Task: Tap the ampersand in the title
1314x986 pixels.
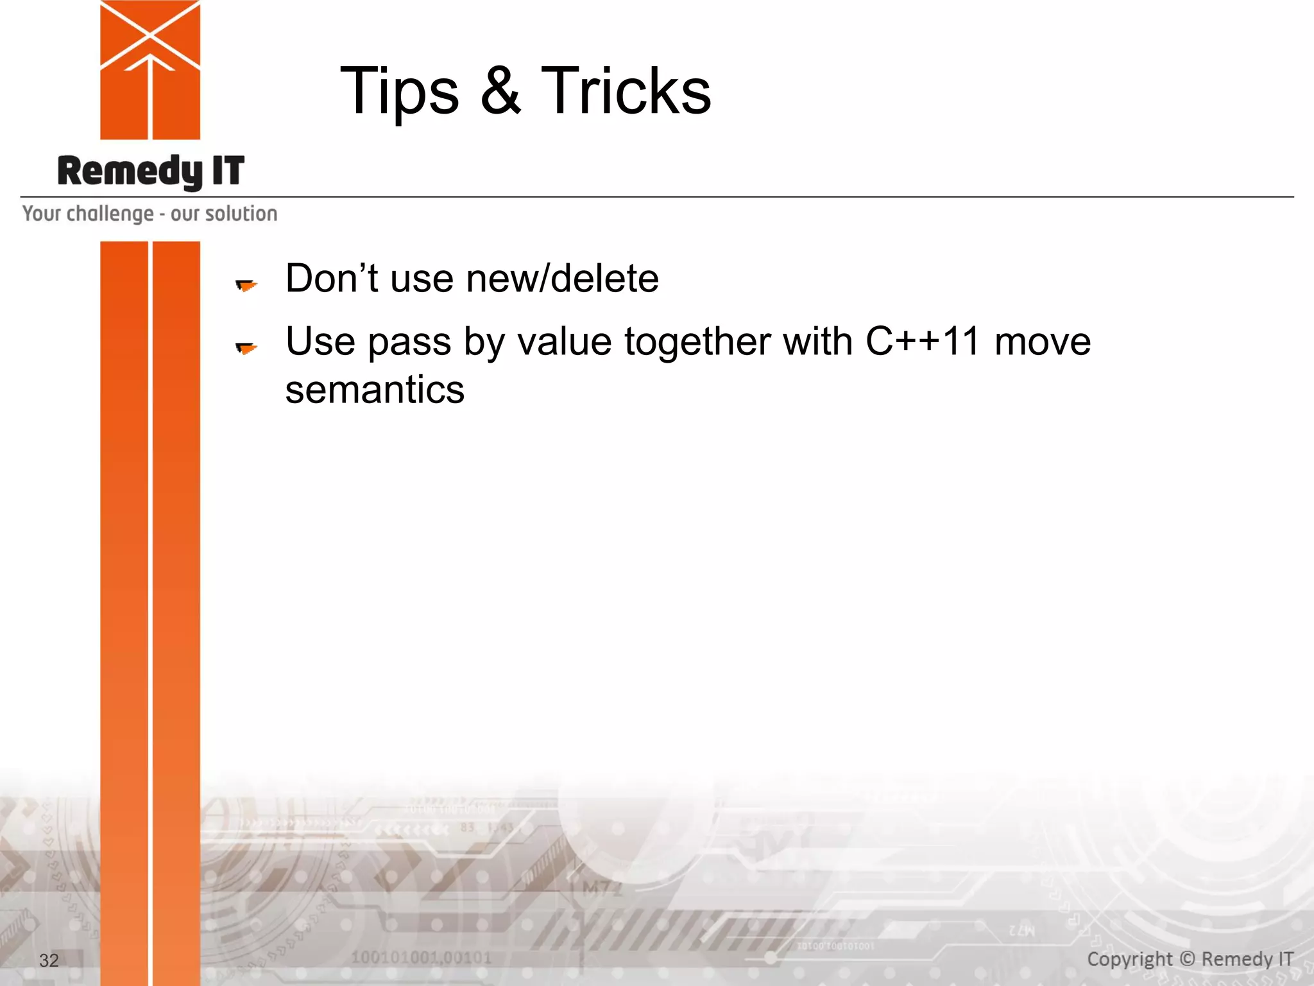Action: click(500, 91)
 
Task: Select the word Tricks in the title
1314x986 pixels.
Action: click(626, 91)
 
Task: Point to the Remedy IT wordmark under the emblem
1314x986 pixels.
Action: click(151, 171)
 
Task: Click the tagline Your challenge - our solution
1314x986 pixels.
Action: click(149, 214)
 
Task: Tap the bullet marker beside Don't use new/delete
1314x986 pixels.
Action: click(246, 285)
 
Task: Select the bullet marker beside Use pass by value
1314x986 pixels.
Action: click(246, 348)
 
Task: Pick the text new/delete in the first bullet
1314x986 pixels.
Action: click(562, 279)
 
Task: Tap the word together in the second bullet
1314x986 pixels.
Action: click(697, 342)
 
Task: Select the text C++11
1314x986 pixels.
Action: click(923, 342)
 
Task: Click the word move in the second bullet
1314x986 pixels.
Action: click(1042, 342)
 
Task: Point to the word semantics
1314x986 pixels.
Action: click(375, 390)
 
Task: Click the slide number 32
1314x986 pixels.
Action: click(49, 960)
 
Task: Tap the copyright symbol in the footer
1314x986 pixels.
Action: click(1187, 958)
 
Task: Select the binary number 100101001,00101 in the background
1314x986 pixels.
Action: click(421, 958)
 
